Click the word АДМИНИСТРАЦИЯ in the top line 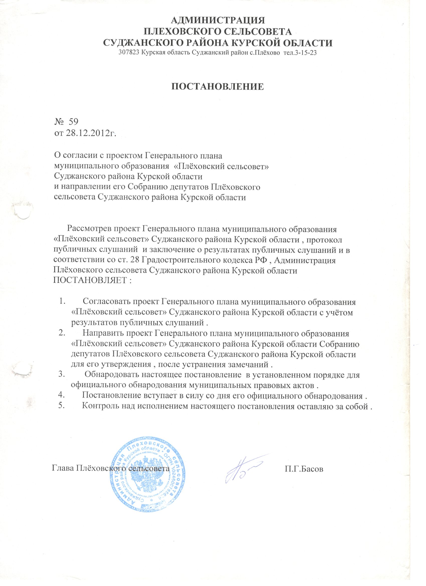218,20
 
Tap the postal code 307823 127,53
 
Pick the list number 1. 61,301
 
